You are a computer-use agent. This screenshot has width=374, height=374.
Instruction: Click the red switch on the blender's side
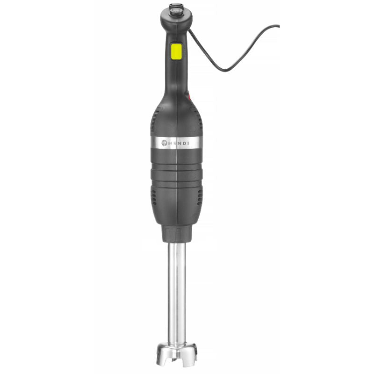point(189,97)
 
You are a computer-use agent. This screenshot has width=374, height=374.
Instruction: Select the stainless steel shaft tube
point(177,290)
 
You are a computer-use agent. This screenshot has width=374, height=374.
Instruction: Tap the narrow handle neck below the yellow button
point(176,75)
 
